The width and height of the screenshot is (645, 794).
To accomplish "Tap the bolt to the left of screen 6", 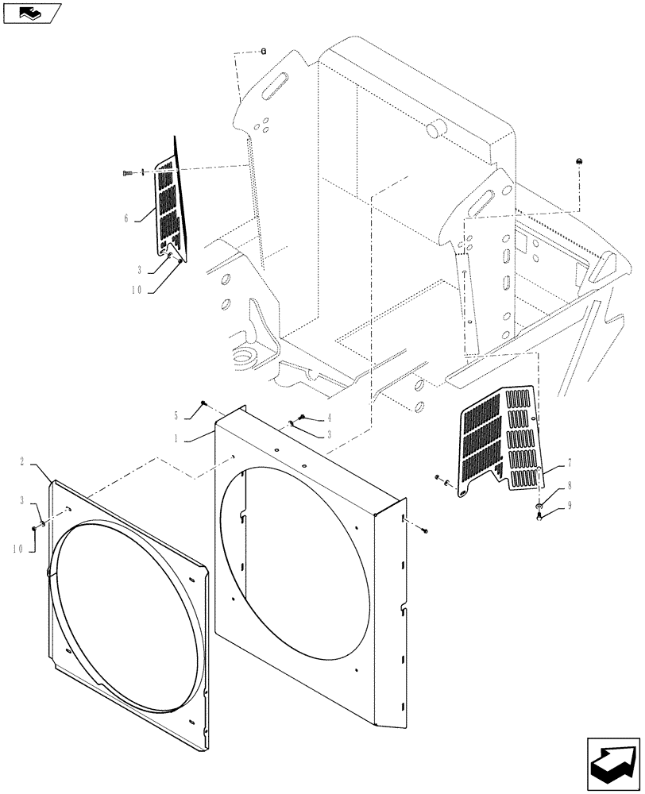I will coord(127,172).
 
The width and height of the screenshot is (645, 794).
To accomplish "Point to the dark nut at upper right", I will coord(579,162).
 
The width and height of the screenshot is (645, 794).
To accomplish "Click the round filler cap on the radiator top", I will coord(436,129).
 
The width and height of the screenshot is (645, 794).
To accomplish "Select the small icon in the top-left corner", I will coord(31,12).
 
